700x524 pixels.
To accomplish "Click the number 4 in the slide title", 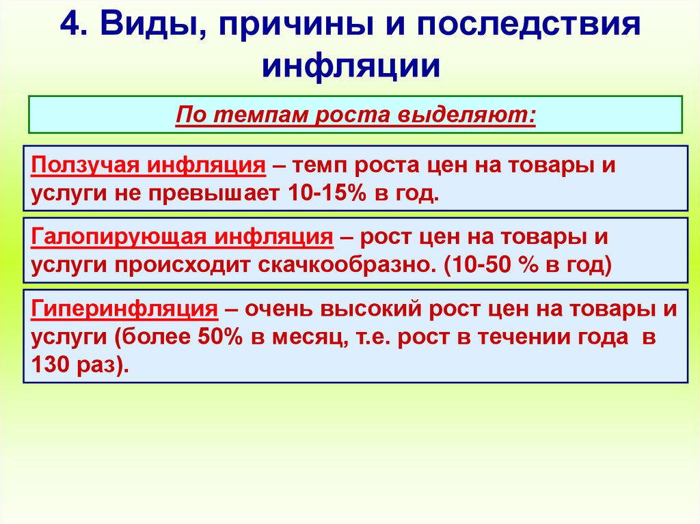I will click(69, 27).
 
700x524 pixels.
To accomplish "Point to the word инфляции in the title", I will click(350, 67).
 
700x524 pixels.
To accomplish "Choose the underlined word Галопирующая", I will click(118, 238).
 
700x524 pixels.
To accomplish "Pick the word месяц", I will click(312, 337).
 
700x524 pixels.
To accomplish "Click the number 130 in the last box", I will click(49, 365).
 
